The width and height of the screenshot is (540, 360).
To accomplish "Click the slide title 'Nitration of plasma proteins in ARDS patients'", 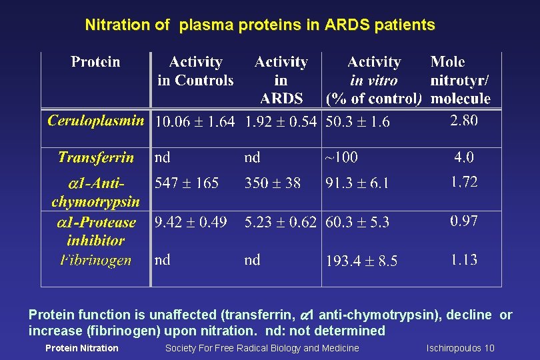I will pyautogui.click(x=260, y=25).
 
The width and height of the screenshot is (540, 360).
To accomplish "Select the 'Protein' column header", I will pyautogui.click(x=95, y=63).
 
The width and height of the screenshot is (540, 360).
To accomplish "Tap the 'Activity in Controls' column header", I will pyautogui.click(x=195, y=71).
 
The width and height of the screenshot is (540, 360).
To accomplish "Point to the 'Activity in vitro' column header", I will pyautogui.click(x=374, y=80).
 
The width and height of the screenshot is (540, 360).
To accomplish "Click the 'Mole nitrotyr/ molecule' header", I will pyautogui.click(x=460, y=80).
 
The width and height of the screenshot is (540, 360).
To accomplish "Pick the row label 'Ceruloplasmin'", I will pyautogui.click(x=96, y=121).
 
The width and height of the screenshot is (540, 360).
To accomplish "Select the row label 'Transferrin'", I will pyautogui.click(x=95, y=158).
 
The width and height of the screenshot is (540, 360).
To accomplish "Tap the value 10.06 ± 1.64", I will pyautogui.click(x=195, y=122).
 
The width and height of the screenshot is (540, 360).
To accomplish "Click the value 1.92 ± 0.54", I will pyautogui.click(x=281, y=122).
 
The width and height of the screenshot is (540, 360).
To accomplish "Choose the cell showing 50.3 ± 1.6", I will pyautogui.click(x=357, y=122).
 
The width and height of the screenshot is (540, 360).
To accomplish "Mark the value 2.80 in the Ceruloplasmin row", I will pyautogui.click(x=464, y=121).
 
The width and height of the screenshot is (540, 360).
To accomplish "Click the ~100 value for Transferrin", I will pyautogui.click(x=341, y=158).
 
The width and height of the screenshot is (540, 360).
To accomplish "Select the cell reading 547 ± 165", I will pyautogui.click(x=187, y=183).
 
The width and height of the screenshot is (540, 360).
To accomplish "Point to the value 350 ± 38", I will pyautogui.click(x=273, y=183).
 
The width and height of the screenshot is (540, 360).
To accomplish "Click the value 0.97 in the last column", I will pyautogui.click(x=464, y=221).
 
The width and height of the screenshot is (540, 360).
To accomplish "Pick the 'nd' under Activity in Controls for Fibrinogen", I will pyautogui.click(x=162, y=260).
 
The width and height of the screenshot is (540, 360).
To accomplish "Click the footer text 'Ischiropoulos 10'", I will pyautogui.click(x=460, y=348).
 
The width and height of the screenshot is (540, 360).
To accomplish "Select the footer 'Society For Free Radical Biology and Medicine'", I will pyautogui.click(x=262, y=348).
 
